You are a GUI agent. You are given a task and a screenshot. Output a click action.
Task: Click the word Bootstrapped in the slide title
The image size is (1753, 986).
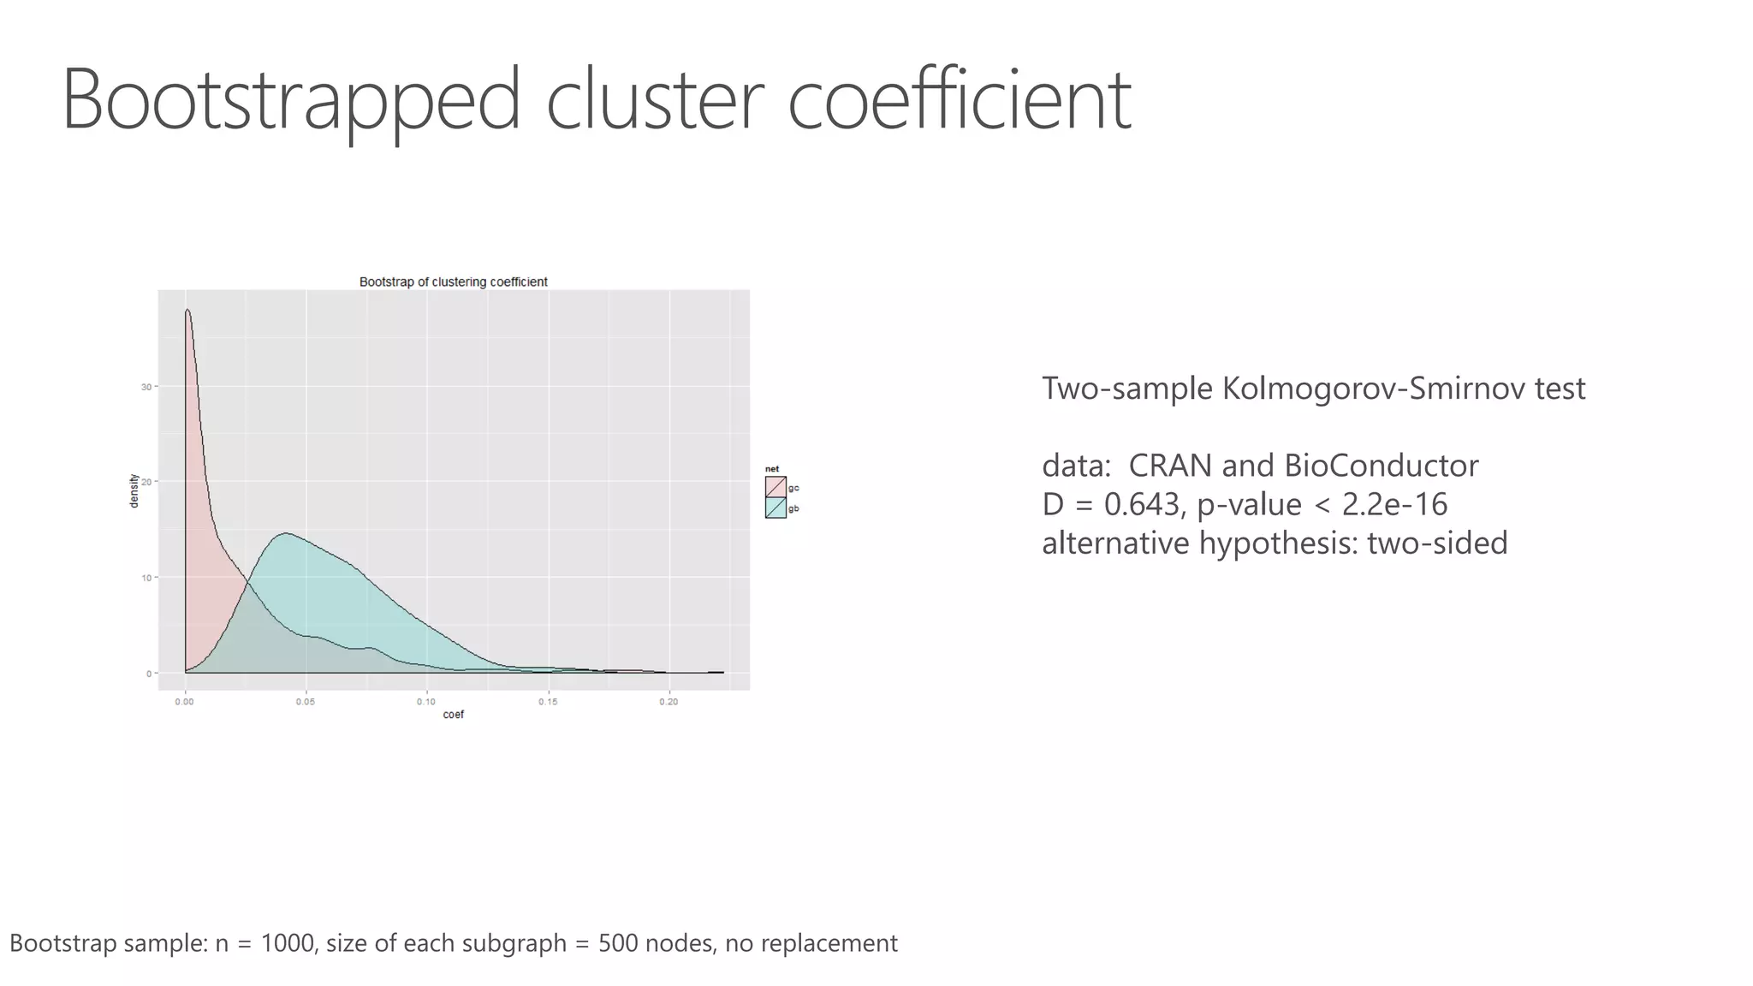291,100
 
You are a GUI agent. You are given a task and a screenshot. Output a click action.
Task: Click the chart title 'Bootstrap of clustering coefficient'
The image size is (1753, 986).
453,282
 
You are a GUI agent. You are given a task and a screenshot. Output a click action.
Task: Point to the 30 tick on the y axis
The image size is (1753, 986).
146,387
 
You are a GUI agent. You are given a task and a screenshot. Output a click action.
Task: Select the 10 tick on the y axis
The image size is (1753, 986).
146,578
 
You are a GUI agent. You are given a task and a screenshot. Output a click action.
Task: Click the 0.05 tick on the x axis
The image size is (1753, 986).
306,702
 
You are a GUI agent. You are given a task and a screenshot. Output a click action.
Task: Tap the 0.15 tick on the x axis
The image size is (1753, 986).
548,702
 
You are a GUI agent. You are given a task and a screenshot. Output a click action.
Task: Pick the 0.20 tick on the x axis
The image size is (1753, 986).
669,702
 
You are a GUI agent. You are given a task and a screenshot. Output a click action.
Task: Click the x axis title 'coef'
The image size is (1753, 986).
453,715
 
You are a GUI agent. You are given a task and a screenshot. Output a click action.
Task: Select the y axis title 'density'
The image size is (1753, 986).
134,490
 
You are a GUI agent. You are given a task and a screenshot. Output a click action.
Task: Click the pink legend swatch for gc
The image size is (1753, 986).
775,487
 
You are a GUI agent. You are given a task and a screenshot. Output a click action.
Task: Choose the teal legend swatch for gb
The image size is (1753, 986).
775,508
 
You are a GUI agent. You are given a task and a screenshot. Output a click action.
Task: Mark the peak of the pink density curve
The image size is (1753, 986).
187,310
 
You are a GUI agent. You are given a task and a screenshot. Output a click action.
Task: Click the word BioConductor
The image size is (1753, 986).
1382,466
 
